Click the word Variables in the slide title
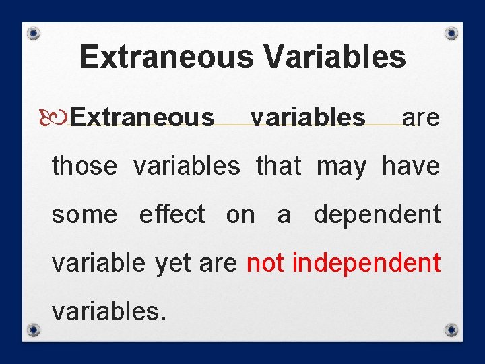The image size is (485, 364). (335, 57)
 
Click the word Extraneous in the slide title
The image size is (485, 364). (166, 57)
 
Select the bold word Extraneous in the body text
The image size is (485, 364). (142, 117)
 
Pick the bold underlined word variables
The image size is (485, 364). (308, 117)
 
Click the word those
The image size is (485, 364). (84, 166)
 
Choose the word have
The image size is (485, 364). (411, 166)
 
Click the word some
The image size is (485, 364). (84, 215)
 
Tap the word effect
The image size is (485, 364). (172, 215)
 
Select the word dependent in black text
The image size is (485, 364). (377, 215)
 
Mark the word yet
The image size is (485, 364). (173, 264)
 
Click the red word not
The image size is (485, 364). (265, 263)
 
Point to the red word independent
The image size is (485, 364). (366, 263)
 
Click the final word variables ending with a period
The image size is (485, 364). (108, 312)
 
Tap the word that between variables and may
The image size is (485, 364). (278, 166)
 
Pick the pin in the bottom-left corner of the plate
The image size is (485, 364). (34, 330)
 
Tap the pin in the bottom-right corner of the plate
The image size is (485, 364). (452, 330)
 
